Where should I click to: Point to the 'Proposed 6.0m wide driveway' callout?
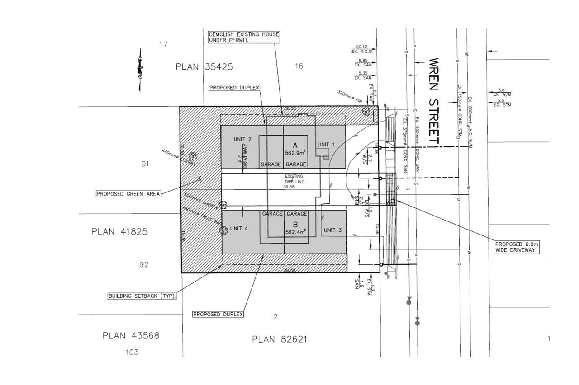pyautogui.click(x=517, y=246)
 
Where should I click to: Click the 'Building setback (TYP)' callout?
pyautogui.click(x=142, y=297)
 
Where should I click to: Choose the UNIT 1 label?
pyautogui.click(x=326, y=145)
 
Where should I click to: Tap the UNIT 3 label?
pyautogui.click(x=332, y=230)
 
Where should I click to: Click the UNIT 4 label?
pyautogui.click(x=239, y=228)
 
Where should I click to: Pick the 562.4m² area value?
pyautogui.click(x=296, y=232)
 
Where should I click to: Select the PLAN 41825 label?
pyautogui.click(x=119, y=232)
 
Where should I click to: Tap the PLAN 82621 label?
pyautogui.click(x=280, y=339)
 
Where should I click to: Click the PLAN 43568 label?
pyautogui.click(x=131, y=336)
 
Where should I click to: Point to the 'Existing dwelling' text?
pyautogui.click(x=296, y=178)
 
